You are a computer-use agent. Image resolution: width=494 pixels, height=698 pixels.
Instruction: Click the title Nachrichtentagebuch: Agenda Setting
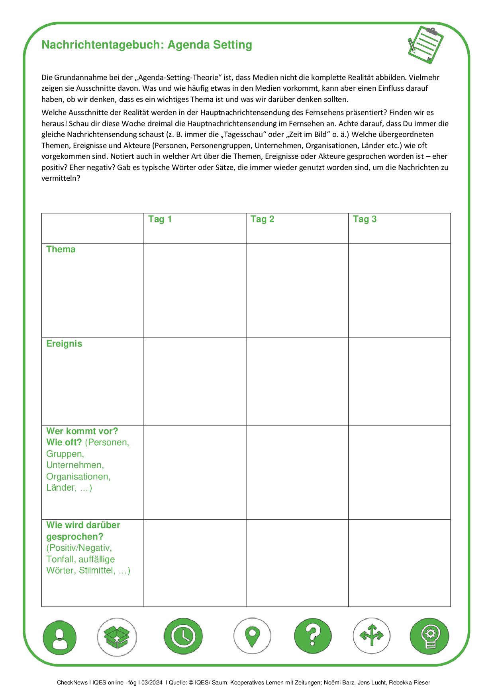147,45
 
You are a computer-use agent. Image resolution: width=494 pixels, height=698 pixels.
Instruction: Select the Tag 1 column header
160,219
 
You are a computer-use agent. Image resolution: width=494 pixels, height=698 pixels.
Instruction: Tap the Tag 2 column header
262,219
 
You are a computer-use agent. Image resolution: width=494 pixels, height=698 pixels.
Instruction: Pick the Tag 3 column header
365,219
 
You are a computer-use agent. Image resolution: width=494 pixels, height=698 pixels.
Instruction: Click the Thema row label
61,250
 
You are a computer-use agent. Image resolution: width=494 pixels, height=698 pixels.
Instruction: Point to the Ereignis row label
64,344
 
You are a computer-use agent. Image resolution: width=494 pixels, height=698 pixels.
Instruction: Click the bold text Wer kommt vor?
82,431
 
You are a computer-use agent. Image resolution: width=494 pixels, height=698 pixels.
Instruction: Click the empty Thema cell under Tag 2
297,291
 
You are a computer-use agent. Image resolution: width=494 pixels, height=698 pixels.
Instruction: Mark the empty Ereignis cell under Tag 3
399,381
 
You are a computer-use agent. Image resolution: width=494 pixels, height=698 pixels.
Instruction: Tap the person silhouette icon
60,636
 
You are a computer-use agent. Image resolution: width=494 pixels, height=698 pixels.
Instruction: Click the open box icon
117,636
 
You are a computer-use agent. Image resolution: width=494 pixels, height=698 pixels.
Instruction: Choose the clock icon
183,636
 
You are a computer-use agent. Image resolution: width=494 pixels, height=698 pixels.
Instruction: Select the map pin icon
252,636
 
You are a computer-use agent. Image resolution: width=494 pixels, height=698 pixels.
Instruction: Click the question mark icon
313,636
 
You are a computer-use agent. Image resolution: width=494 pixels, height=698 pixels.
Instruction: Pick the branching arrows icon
371,636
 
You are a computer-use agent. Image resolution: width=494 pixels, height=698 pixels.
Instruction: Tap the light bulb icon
429,636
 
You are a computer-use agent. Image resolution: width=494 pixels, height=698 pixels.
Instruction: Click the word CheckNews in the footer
72,682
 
